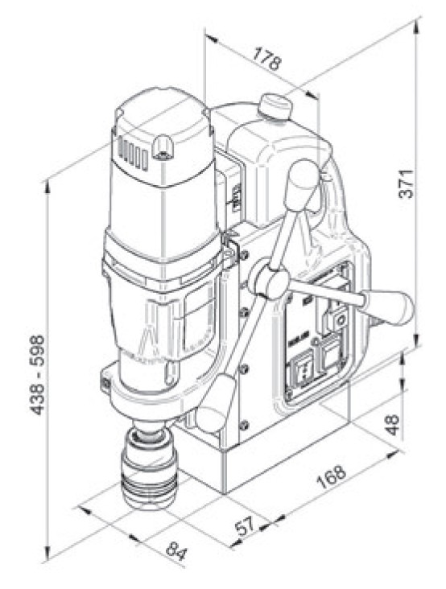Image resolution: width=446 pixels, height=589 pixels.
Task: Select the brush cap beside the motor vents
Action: point(163,145)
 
